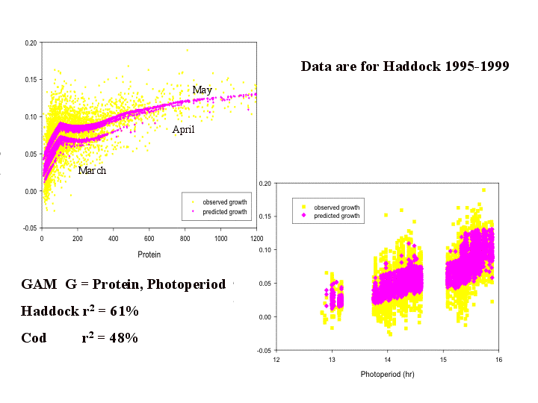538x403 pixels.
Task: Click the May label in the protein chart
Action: (x=202, y=90)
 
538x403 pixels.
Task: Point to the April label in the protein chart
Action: (x=183, y=130)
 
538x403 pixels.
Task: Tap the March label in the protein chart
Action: (x=92, y=170)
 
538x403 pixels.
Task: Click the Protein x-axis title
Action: (x=149, y=254)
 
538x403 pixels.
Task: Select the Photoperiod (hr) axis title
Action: (x=387, y=374)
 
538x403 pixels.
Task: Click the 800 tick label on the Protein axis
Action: (x=185, y=238)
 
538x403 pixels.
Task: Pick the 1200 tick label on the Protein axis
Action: (x=256, y=238)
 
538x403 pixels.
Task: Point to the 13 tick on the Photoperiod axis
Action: (x=332, y=360)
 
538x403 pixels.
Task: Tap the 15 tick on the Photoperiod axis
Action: (x=443, y=360)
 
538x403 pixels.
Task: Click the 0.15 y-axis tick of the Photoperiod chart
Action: (x=265, y=216)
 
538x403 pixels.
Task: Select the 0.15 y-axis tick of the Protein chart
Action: (x=31, y=80)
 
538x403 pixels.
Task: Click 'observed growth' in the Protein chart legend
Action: (x=225, y=202)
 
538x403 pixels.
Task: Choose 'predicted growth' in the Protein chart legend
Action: (x=225, y=212)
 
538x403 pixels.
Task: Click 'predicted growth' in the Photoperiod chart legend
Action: (x=337, y=216)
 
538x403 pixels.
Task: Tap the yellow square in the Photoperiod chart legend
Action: (x=303, y=207)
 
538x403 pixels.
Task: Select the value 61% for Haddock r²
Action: (x=124, y=310)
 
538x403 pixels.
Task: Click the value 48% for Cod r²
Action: (x=124, y=338)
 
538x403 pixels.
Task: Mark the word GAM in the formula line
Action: (x=39, y=284)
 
